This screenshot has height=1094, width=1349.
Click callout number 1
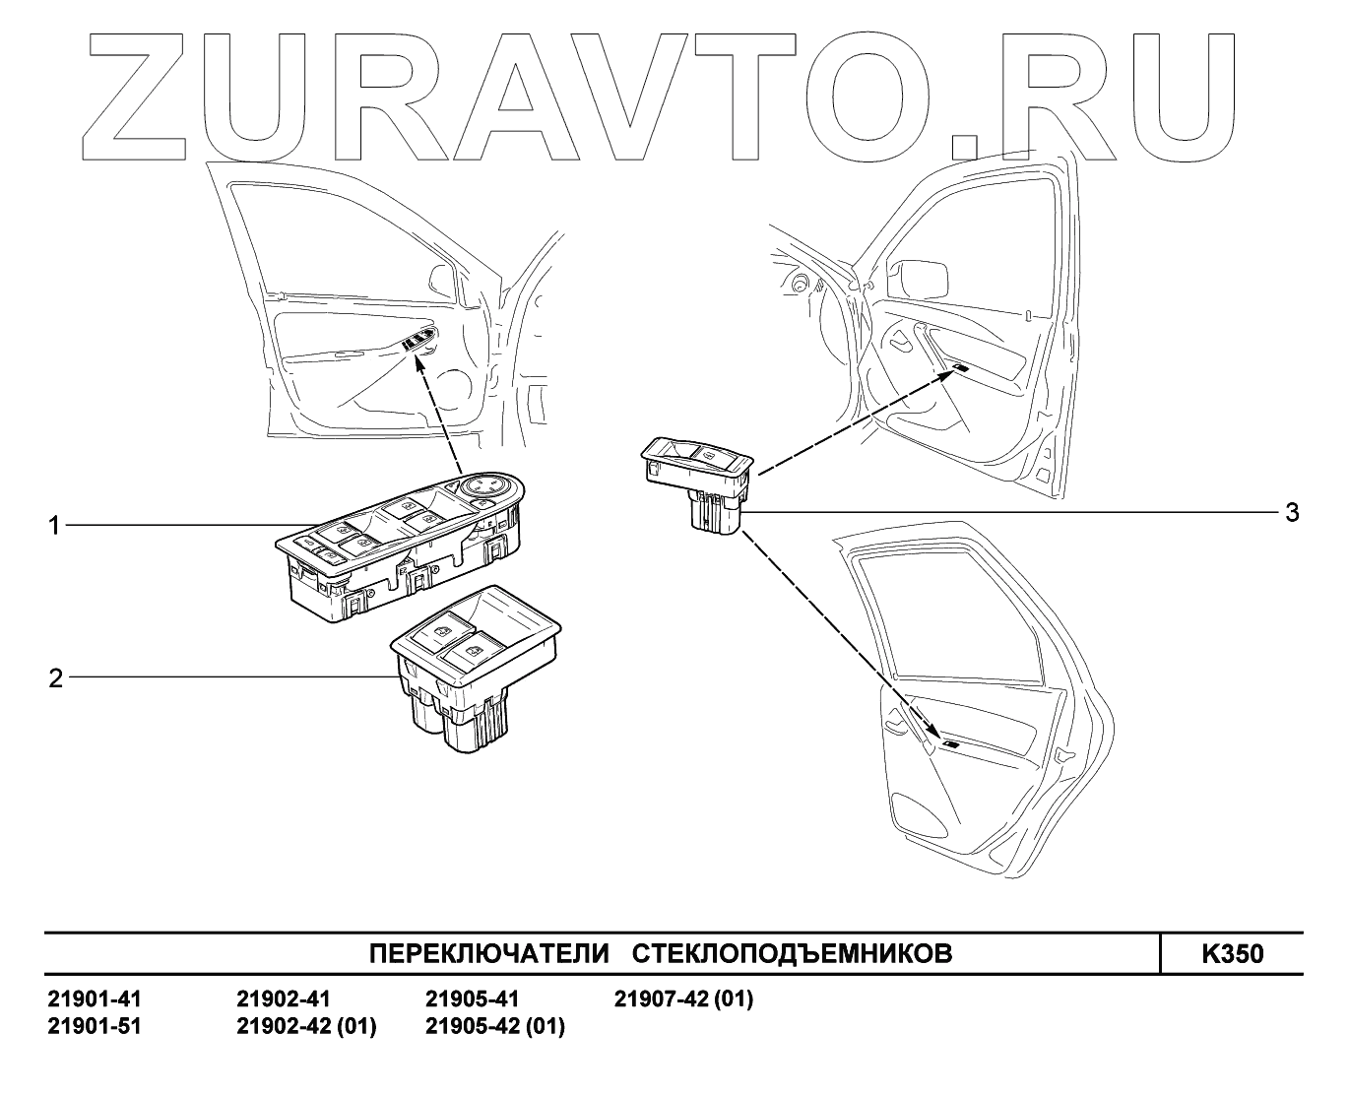tap(55, 527)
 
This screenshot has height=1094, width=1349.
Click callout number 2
tap(55, 677)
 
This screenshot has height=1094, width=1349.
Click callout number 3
tap(1291, 512)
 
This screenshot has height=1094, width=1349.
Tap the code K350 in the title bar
tap(1232, 954)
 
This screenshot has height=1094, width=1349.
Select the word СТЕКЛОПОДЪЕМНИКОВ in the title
tap(791, 954)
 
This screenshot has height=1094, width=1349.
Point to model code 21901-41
tap(95, 999)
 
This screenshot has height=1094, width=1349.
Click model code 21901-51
tap(95, 1026)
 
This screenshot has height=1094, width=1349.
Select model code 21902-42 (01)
tap(306, 1026)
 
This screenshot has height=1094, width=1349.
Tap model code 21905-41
tap(472, 999)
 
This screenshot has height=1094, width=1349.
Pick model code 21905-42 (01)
tap(494, 1026)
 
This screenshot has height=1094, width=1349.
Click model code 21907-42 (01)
tap(683, 999)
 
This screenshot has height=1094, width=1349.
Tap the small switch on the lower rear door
tap(952, 744)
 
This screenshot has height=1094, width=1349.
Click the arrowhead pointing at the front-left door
tap(420, 365)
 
